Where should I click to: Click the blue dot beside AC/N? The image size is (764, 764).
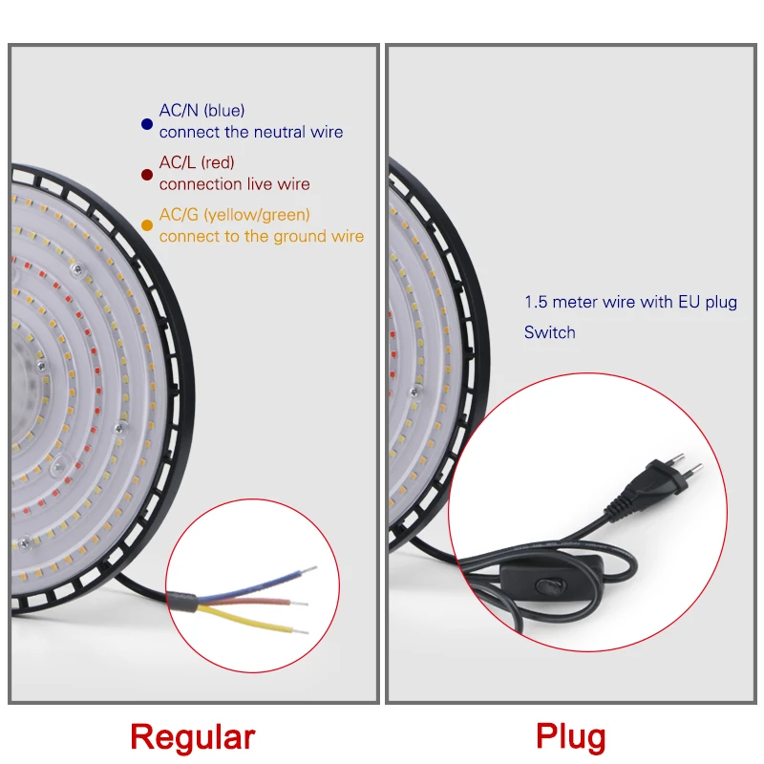146,123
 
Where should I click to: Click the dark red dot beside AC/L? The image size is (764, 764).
146,175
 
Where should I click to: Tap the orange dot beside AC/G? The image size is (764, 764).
146,225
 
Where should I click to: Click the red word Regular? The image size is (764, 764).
193,737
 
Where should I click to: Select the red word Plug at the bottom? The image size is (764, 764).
571,737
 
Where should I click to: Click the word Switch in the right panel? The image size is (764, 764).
550,332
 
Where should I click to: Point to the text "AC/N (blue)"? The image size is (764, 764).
202,112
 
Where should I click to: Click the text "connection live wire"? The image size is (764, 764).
235,183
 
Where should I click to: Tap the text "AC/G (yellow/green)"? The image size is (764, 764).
235,215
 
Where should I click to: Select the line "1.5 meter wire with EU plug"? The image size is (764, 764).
630,303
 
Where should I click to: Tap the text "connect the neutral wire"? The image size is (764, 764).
251,132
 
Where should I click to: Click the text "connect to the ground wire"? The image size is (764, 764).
262,236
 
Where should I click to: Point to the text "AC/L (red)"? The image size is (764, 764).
197,162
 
